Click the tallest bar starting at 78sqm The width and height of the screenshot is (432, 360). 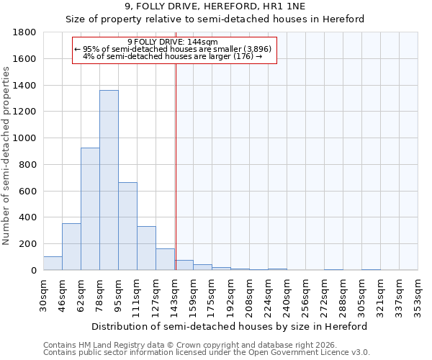[x=109, y=180]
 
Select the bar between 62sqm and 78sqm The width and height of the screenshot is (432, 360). [x=90, y=209]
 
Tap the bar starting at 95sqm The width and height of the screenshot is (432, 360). [x=127, y=226]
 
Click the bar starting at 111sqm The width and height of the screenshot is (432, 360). [x=146, y=248]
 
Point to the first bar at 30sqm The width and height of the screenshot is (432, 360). [x=53, y=264]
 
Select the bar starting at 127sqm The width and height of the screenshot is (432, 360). [x=165, y=259]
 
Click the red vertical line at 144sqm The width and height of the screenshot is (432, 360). [x=176, y=166]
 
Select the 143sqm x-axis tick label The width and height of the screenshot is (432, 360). [x=175, y=295]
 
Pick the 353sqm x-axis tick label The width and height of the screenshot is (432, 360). [x=418, y=295]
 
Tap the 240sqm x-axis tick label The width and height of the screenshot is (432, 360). [x=287, y=295]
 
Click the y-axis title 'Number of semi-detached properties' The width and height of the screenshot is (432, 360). [x=6, y=156]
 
